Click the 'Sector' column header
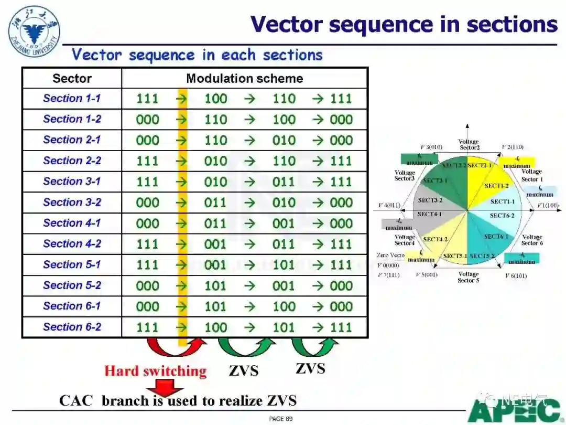pos(72,79)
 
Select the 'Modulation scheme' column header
pos(244,79)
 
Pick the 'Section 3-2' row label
pos(72,203)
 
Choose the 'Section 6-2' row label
pos(72,327)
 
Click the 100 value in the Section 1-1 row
pos(216,99)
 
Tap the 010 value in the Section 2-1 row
pos(284,140)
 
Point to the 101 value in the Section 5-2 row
pos(216,286)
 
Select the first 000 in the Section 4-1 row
pos(147,224)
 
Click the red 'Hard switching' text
pos(155,371)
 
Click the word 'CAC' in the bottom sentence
pos(76,401)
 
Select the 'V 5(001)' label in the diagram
pos(427,275)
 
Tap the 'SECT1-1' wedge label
pos(502,201)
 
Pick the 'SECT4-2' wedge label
pos(435,239)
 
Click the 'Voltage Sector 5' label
pos(468,277)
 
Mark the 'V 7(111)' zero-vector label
pos(388,275)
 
